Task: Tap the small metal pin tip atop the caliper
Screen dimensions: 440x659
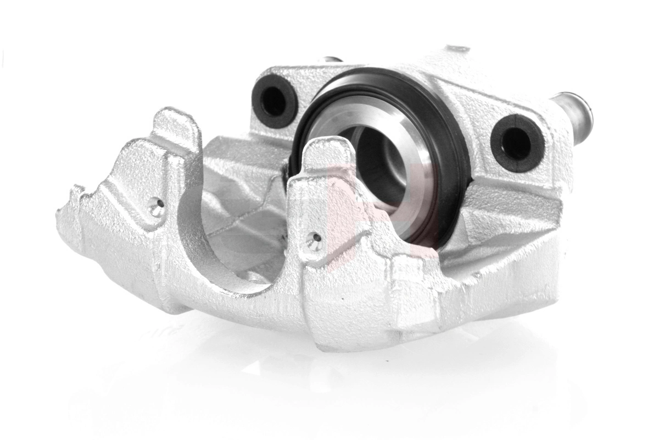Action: tap(333, 60)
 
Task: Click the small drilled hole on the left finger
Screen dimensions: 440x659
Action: tap(157, 207)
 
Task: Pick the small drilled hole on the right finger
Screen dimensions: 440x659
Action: tap(315, 240)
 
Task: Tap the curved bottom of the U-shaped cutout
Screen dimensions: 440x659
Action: tap(242, 280)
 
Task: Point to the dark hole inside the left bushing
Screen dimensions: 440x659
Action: tap(273, 101)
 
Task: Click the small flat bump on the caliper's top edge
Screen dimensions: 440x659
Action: tap(456, 50)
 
